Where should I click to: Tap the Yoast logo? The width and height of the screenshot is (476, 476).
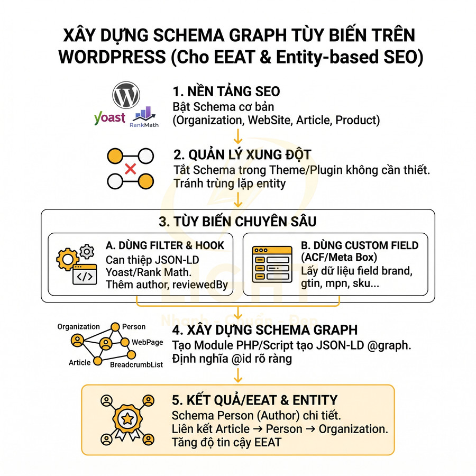tap(109, 117)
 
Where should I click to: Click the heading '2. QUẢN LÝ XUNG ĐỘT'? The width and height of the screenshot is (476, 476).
tap(242, 155)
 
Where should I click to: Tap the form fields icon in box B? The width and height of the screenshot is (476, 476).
tap(272, 265)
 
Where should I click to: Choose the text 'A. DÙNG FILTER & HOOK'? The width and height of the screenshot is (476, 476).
tap(165, 245)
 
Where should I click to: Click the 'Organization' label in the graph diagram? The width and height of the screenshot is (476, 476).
tap(78, 327)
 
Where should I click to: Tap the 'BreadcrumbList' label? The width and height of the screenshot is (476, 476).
tap(136, 365)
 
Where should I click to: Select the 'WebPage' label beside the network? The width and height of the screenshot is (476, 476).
tap(147, 342)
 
